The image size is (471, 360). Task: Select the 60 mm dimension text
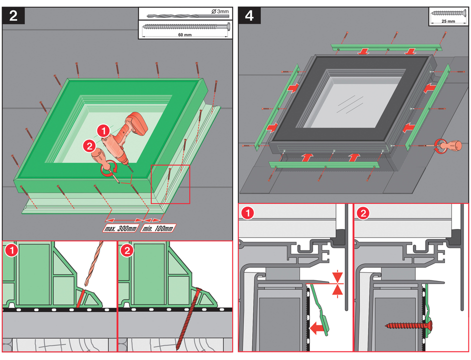point(184,34)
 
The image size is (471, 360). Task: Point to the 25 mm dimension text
point(448,21)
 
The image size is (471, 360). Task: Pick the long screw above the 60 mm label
point(185,26)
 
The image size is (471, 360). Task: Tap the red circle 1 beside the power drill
point(103,131)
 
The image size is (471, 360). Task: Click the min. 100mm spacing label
point(158,228)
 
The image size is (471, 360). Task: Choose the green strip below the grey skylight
point(324,164)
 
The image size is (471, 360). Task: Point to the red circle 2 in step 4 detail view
point(362,213)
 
